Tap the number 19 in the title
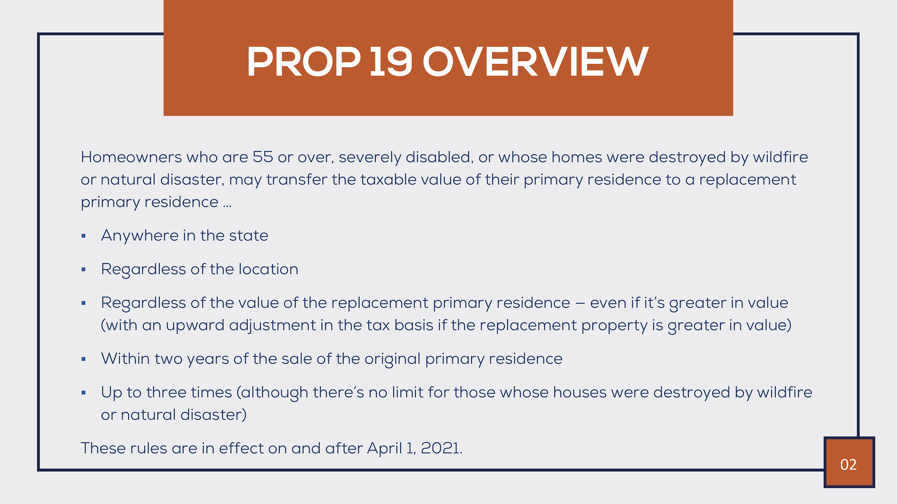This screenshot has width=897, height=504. point(391,62)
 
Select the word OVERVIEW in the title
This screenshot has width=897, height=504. point(535,62)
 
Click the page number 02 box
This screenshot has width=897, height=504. point(849,462)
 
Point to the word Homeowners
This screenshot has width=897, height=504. point(131,157)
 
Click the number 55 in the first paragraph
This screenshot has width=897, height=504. point(263,157)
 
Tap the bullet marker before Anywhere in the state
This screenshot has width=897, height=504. point(83,236)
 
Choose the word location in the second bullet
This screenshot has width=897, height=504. point(268,269)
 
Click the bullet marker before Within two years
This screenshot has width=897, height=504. point(83,359)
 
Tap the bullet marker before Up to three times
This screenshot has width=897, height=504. point(83,393)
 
